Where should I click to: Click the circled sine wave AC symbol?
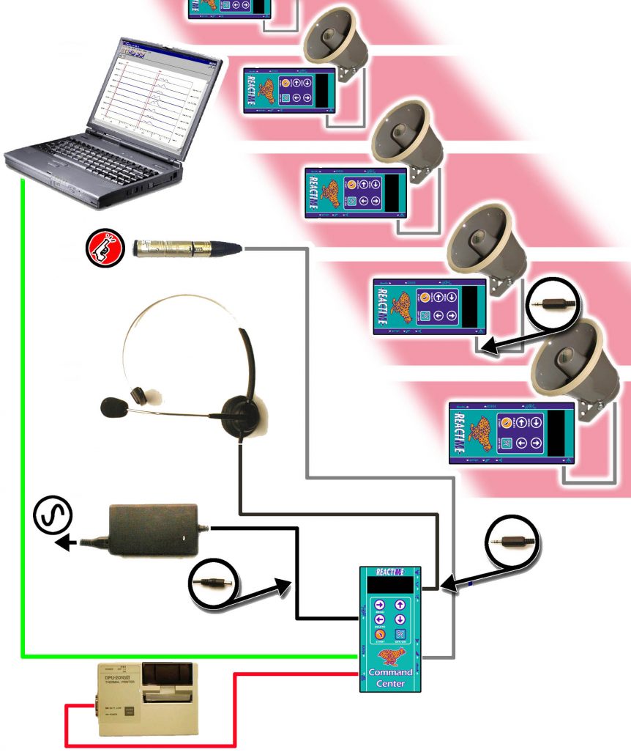pyautogui.click(x=53, y=516)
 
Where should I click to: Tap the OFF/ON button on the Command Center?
pyautogui.click(x=400, y=635)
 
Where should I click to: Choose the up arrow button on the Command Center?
pyautogui.click(x=400, y=605)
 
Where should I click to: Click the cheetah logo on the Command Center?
pyautogui.click(x=389, y=656)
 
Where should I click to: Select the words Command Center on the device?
pyautogui.click(x=389, y=678)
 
